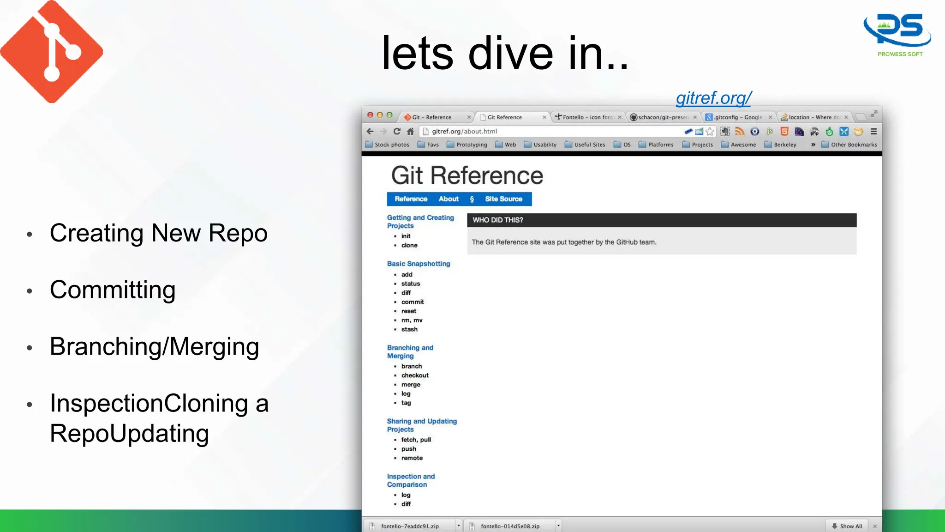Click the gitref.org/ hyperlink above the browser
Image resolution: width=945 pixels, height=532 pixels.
713,98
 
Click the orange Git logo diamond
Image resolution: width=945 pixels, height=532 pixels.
51,51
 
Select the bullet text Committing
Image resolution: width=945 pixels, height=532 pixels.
113,290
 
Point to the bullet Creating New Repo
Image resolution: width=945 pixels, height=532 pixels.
158,233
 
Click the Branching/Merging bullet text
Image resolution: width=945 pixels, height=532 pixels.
154,347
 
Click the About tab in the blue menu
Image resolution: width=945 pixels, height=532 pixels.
449,199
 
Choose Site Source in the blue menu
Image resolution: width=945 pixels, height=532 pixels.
503,199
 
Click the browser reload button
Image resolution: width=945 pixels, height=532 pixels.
397,132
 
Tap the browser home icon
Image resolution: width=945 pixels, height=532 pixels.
410,132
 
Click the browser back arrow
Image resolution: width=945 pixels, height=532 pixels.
370,132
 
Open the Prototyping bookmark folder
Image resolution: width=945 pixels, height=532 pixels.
471,145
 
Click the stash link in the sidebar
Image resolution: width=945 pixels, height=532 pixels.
409,329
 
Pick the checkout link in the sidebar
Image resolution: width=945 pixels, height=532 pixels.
415,375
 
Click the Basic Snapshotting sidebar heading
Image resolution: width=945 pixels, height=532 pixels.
419,264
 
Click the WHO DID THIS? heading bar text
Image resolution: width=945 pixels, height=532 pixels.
498,220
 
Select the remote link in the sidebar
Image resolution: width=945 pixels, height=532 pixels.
412,458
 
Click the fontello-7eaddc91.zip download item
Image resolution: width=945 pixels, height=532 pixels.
410,526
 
